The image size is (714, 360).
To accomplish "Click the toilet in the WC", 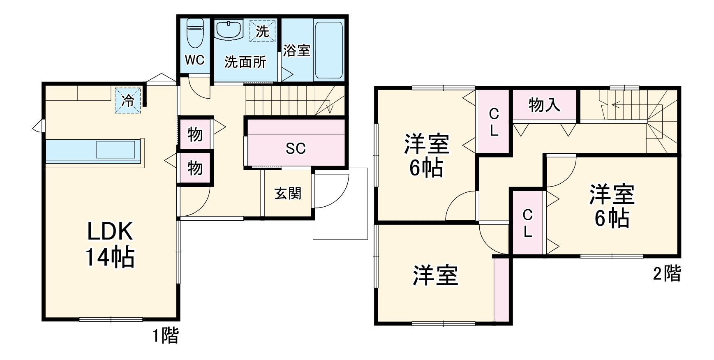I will coord(195,33).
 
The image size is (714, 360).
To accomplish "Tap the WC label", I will coord(194,60).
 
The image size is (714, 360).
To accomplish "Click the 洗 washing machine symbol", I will coord(262,31).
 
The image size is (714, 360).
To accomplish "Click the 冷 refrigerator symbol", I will coord(128,100).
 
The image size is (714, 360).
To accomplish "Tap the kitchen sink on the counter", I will coord(116,150).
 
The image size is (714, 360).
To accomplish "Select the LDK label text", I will coord(110,231).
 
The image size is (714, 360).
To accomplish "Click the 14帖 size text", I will coord(110,258).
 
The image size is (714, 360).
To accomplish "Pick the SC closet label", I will coord(296,148).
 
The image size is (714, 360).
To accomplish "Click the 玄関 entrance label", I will coord(288,193).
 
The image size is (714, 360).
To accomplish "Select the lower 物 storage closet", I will coord(195,168).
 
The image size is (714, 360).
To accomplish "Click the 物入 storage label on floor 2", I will coord(544,105).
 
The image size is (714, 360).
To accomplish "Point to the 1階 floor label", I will coord(166,336).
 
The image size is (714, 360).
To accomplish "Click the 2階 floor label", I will coord(666,274).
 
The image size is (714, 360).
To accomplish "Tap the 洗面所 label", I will coord(245,62).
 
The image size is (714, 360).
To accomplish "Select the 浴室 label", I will coord(296,51).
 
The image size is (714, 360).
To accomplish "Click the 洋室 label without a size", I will coord(435,275).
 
